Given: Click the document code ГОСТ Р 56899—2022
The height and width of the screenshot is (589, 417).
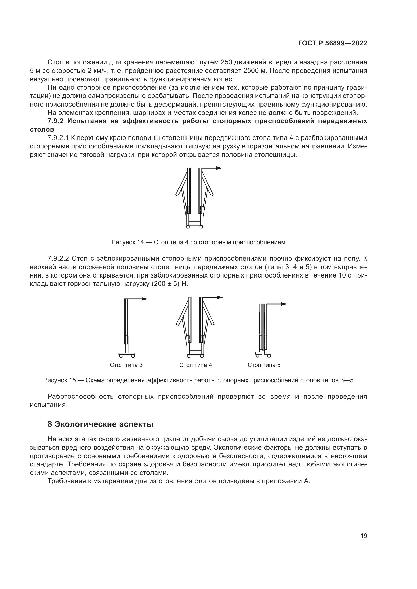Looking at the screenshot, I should [333, 43].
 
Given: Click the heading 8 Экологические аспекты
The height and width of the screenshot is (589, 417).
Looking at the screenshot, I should [100, 424].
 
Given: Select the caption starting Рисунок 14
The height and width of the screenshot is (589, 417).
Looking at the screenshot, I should [198, 242].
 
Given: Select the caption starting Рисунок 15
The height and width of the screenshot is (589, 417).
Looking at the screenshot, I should [198, 380].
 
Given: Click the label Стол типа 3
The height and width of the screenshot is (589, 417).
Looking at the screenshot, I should [126, 365].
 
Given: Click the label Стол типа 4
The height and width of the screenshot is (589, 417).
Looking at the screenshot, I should [195, 365].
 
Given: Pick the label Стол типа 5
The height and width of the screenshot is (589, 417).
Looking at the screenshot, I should [264, 365].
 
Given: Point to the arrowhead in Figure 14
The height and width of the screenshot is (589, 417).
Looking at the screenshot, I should [219, 168].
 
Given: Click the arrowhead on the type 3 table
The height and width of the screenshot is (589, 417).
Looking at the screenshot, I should [145, 299].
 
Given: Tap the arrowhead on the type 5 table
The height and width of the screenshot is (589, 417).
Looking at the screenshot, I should [284, 304].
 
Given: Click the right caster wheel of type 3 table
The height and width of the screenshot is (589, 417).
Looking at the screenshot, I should [133, 356].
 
